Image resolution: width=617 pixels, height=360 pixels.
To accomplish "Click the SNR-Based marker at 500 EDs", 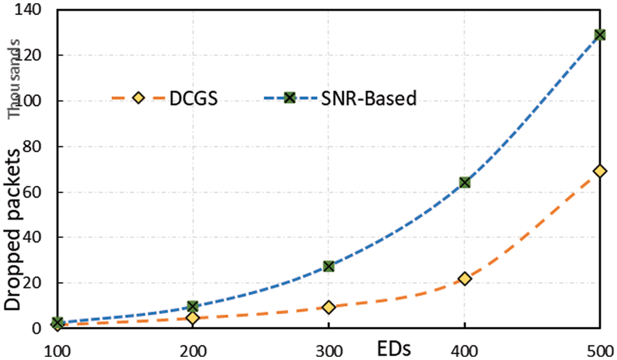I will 600,34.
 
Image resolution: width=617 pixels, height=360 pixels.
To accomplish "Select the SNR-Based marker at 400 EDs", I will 464,183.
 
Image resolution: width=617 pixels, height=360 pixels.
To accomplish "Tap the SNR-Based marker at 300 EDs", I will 329,266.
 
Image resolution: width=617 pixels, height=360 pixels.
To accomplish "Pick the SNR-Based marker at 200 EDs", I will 192,306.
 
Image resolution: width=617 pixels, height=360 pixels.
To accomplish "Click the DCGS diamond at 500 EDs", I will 600,172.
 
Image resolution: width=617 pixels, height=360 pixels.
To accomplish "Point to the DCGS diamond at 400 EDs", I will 464,279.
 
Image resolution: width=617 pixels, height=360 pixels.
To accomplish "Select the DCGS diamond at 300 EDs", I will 329,307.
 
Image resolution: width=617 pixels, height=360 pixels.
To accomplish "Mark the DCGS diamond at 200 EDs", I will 192,318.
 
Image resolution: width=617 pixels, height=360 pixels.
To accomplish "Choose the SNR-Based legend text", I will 368,98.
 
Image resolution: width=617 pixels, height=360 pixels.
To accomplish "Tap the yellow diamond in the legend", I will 138,98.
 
